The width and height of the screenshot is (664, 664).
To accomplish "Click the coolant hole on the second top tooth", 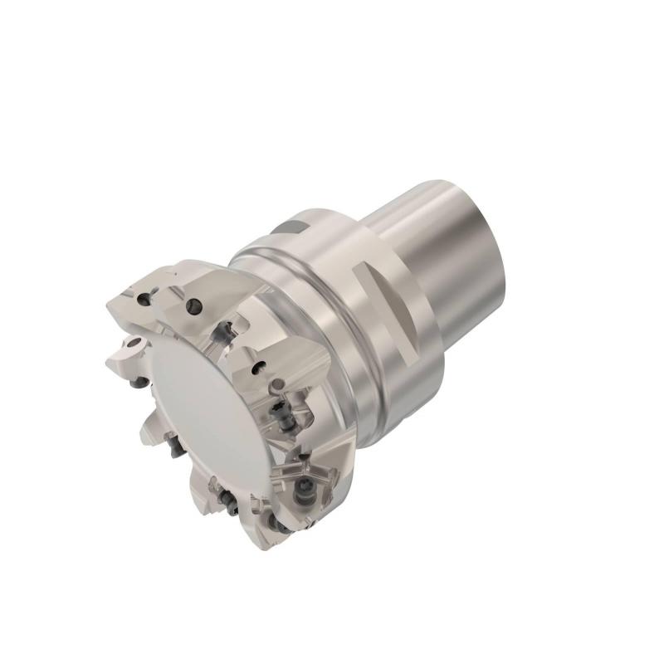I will click(x=195, y=306).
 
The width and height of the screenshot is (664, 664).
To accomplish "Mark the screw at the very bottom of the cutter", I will click(x=273, y=521).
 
